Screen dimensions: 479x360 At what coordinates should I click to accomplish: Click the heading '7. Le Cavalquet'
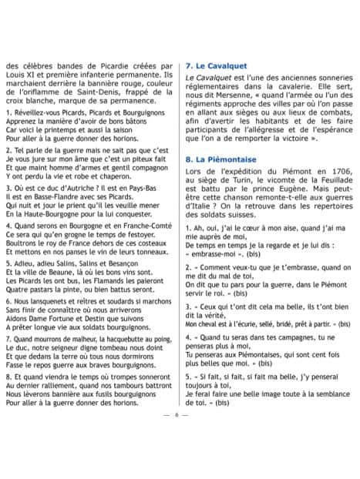point(217,66)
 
